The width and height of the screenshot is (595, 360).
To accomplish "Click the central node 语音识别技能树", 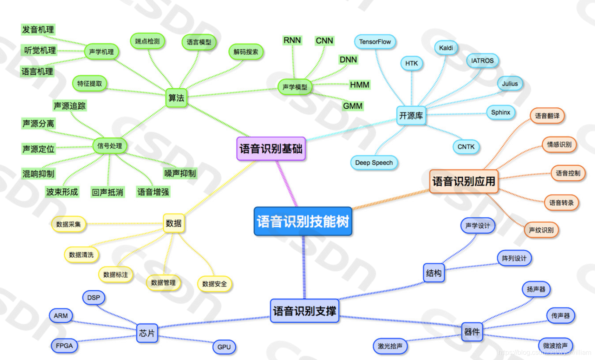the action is [x=303, y=221].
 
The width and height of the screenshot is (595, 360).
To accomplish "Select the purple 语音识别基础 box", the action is [x=271, y=148].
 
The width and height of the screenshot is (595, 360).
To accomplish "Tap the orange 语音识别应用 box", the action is [x=463, y=181].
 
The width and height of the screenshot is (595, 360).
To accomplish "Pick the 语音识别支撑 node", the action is [x=305, y=311].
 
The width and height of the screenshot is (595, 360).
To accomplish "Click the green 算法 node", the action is [x=176, y=98].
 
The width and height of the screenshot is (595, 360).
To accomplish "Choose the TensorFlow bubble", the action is [x=375, y=42].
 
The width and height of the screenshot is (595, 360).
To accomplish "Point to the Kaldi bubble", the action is [x=446, y=48].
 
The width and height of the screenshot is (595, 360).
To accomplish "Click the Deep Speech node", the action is [x=374, y=163].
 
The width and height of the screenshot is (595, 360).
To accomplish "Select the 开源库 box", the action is [x=411, y=115].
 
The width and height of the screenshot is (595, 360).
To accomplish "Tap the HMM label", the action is [x=359, y=85].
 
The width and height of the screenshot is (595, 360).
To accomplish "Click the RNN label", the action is [x=292, y=40].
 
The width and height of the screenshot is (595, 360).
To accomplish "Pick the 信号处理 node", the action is [x=110, y=146].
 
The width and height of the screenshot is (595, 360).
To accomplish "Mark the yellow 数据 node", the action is [x=173, y=223].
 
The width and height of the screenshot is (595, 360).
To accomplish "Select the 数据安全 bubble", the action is [x=215, y=284].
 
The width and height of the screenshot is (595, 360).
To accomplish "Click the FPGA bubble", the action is [x=64, y=345].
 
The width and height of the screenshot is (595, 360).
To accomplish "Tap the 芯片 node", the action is [x=147, y=333].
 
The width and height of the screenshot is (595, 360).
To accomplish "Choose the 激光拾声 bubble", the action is [x=390, y=346].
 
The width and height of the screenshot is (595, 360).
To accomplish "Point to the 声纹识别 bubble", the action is [x=541, y=230].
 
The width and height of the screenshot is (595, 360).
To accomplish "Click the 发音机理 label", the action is [x=38, y=29].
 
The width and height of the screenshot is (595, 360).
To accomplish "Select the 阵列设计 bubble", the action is [x=514, y=258].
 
